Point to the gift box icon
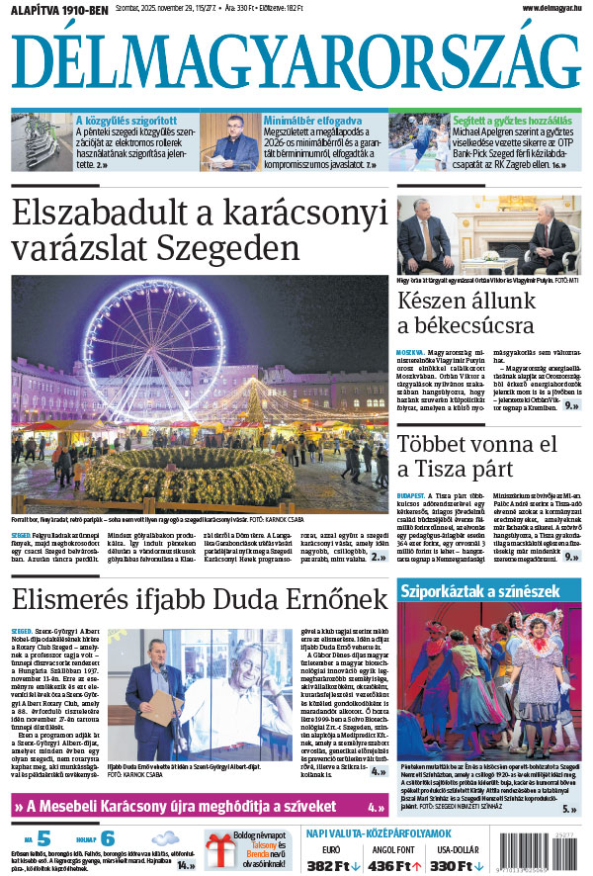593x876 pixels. tap(219, 847)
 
